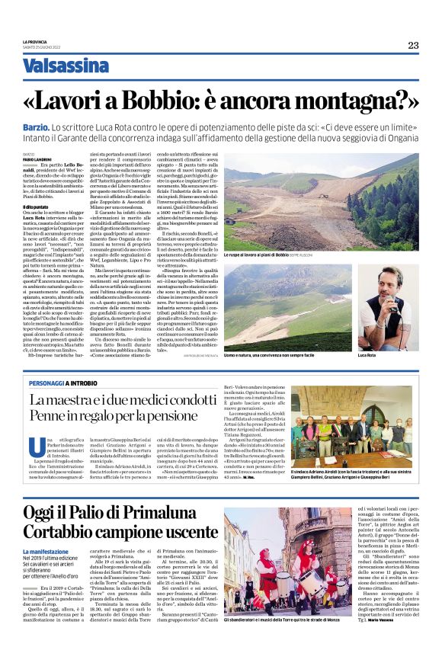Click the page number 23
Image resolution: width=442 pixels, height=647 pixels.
[412, 45]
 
